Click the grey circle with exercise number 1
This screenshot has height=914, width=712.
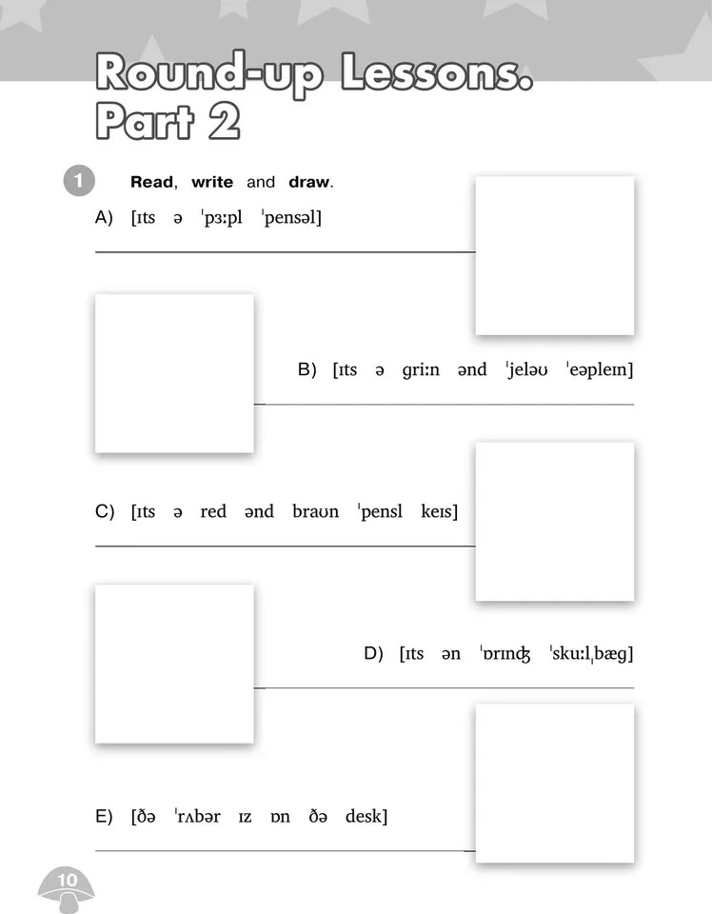79,181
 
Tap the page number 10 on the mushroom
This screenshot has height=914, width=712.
67,880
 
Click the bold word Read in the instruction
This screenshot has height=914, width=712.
151,182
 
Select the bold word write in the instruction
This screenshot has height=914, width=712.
212,182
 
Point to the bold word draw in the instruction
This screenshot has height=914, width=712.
308,182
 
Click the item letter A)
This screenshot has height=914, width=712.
104,218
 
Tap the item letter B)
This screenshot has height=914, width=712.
307,369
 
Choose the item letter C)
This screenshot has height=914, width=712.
105,511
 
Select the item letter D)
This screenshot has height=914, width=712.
373,653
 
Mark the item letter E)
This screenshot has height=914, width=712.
104,816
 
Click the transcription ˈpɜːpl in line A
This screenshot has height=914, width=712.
222,218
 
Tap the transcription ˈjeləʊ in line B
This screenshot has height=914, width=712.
526,369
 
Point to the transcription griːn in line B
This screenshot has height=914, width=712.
421,370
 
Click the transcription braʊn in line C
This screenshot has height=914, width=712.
315,511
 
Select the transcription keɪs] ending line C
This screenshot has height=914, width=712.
440,511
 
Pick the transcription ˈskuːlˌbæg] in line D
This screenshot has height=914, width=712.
591,653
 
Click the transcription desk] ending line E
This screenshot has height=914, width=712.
366,816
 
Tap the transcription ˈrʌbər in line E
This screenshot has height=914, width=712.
198,816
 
